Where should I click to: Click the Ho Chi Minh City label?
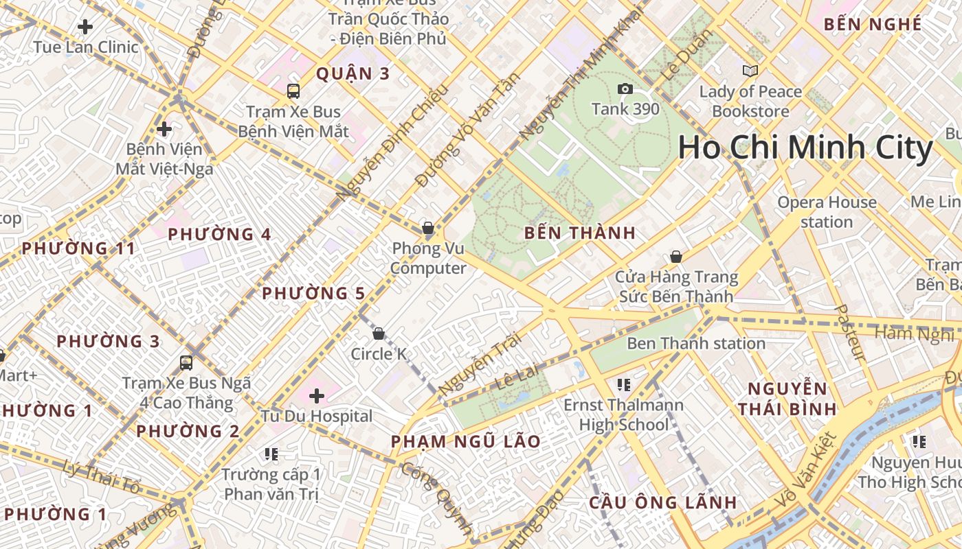(x=805, y=148)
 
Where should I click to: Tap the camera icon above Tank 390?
(x=625, y=89)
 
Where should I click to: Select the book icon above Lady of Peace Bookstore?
(x=750, y=71)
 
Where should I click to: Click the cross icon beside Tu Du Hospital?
(x=317, y=395)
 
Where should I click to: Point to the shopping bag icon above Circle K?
(x=378, y=334)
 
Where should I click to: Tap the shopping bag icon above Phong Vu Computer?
(x=428, y=227)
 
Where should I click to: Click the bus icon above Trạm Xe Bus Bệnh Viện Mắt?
(x=293, y=91)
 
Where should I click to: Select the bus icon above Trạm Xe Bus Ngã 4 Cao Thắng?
(x=186, y=362)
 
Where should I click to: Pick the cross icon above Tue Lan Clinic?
(x=85, y=27)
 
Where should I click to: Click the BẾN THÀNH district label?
(x=580, y=233)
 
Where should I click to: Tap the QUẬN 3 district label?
(x=353, y=74)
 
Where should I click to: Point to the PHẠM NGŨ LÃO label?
(x=466, y=441)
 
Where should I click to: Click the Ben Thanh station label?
(x=696, y=343)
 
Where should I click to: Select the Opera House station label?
(x=827, y=212)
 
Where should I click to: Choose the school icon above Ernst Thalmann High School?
(x=624, y=385)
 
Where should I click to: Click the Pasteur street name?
(x=850, y=333)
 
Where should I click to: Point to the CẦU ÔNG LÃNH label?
(x=663, y=502)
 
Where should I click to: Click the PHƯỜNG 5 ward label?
(x=313, y=294)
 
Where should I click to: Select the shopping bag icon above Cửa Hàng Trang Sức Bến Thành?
(x=676, y=257)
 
